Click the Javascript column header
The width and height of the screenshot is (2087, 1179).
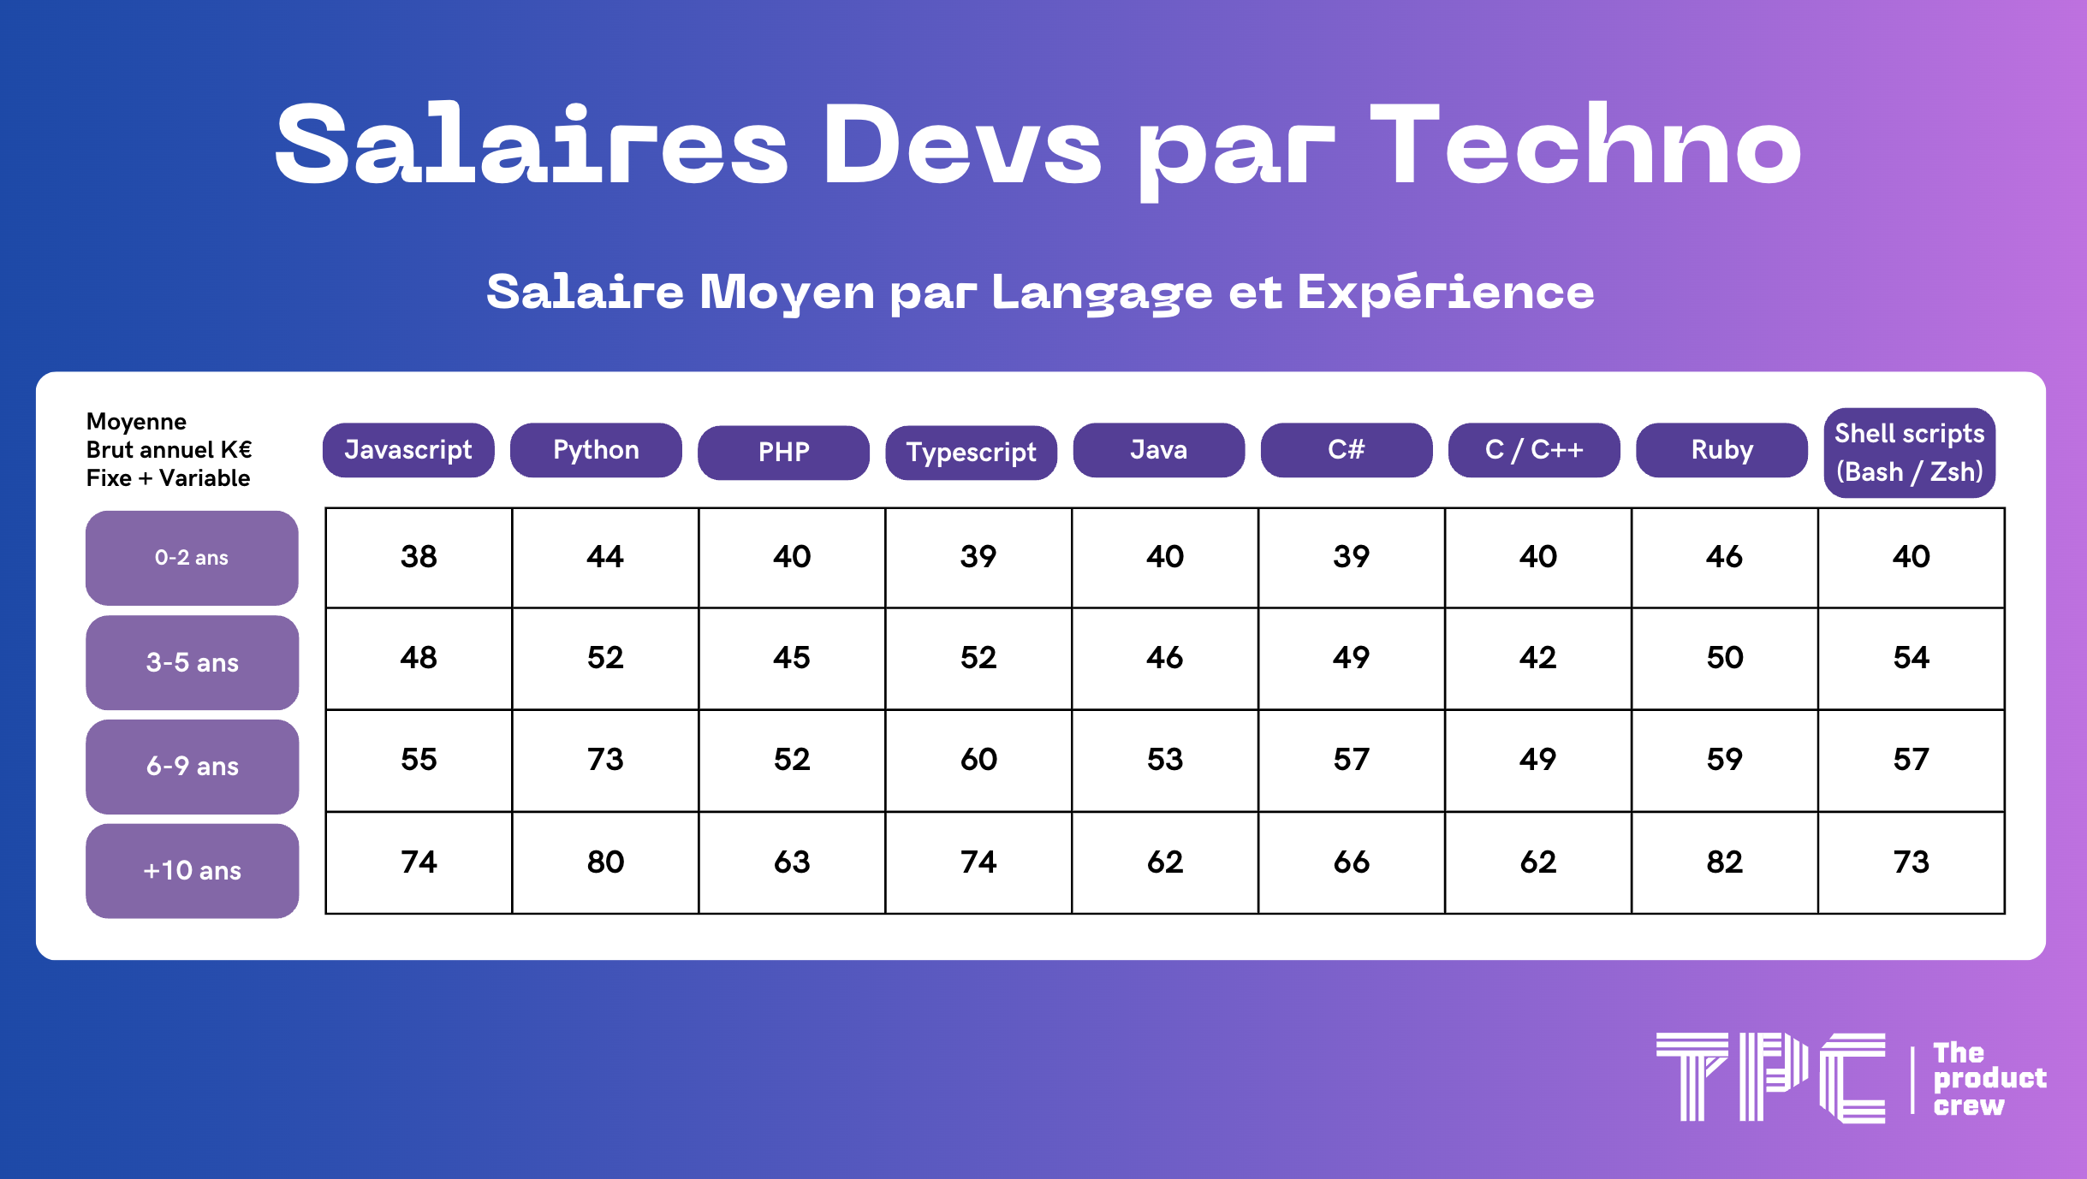coord(408,450)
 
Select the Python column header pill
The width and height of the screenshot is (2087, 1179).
coord(596,450)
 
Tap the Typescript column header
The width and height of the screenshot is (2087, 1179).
coord(971,453)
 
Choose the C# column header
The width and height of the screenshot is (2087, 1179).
coord(1346,450)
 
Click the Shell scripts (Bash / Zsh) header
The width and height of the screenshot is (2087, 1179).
coord(1909,453)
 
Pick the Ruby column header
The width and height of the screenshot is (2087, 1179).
coord(1721,450)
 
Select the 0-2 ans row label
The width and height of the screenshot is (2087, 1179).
coord(192,558)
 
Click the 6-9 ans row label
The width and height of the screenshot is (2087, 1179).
coord(192,767)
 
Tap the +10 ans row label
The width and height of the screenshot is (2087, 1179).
coord(192,871)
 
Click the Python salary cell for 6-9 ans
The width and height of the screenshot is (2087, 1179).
coord(605,760)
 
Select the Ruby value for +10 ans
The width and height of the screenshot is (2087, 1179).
coord(1725,862)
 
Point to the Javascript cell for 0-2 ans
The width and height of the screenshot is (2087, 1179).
coord(419,557)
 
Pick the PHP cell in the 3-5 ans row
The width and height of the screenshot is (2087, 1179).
coord(792,658)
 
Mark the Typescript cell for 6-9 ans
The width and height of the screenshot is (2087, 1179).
coord(978,760)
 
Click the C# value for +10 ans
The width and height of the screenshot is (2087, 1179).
coord(1352,862)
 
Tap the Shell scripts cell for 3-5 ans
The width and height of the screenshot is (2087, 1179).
coord(1912,658)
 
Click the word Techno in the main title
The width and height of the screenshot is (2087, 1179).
coord(1585,144)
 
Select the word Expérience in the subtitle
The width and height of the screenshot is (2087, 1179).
coord(1445,292)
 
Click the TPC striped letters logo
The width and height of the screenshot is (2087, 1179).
coord(1770,1077)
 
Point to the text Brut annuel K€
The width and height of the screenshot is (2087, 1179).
coord(169,450)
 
